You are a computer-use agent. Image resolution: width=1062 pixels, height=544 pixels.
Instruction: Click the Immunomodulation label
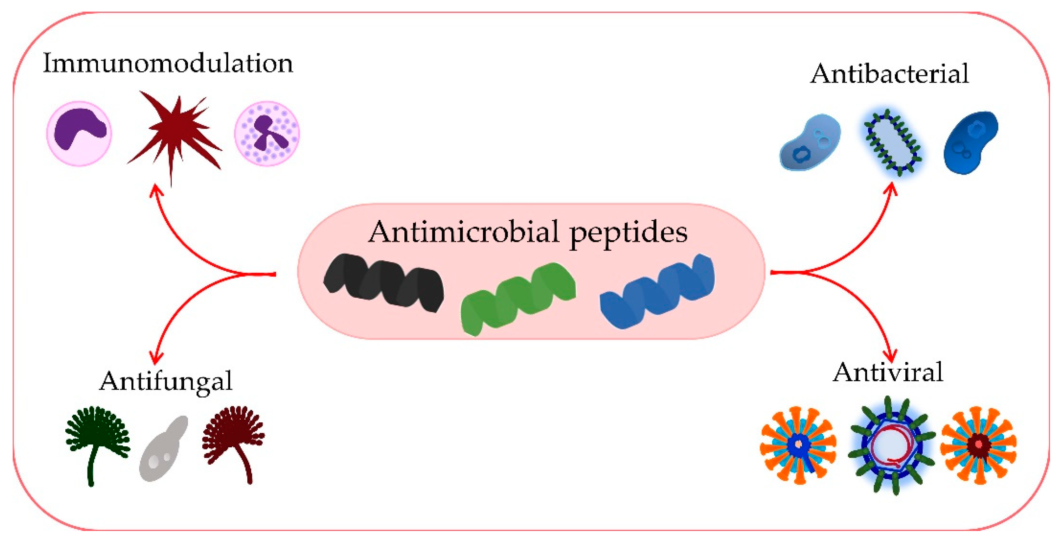pos(168,64)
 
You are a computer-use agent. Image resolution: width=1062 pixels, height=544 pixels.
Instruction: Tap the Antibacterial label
pos(889,74)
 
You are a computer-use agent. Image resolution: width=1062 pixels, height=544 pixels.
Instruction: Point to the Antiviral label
pos(888,373)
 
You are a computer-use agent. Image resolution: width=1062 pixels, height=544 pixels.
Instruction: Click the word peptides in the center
pos(629,233)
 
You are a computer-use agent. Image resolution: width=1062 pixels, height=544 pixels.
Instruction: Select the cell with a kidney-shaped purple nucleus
pos(79,134)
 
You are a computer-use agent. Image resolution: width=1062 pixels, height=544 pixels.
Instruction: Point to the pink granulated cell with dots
pos(267,134)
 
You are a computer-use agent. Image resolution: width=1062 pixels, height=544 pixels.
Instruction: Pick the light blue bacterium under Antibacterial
pos(810,142)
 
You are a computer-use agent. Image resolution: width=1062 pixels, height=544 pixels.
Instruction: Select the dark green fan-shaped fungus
pos(97,441)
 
